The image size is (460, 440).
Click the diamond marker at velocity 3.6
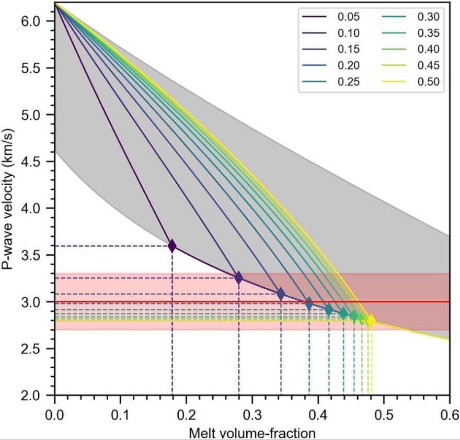coord(172,245)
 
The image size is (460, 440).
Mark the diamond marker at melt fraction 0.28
coord(239,277)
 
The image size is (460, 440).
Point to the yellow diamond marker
coord(371,320)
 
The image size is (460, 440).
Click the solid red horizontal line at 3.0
coord(408,301)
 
